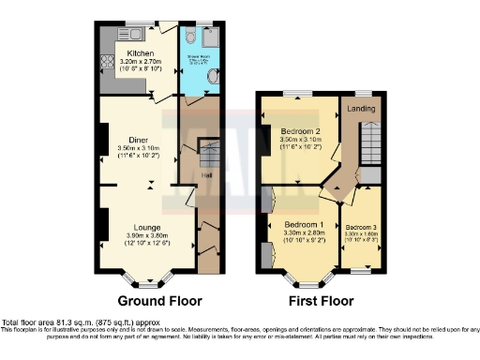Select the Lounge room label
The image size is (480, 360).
(x=137, y=227)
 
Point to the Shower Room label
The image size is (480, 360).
(x=197, y=58)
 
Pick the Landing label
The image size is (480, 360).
(x=361, y=109)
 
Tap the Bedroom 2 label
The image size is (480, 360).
(x=302, y=130)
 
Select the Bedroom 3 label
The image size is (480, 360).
(x=360, y=227)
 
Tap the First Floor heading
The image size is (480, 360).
(x=317, y=301)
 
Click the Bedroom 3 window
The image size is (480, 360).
(x=362, y=271)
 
